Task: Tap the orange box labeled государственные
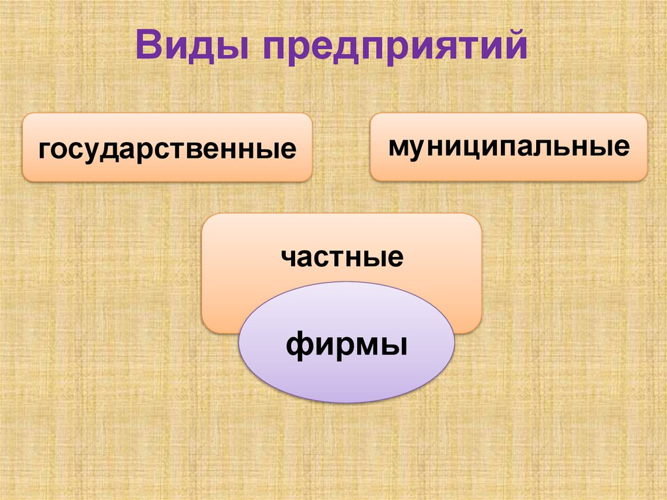point(167,147)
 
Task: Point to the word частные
point(342,256)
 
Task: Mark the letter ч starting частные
point(289,257)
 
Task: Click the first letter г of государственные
point(44,151)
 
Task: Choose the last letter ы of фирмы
point(395,343)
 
